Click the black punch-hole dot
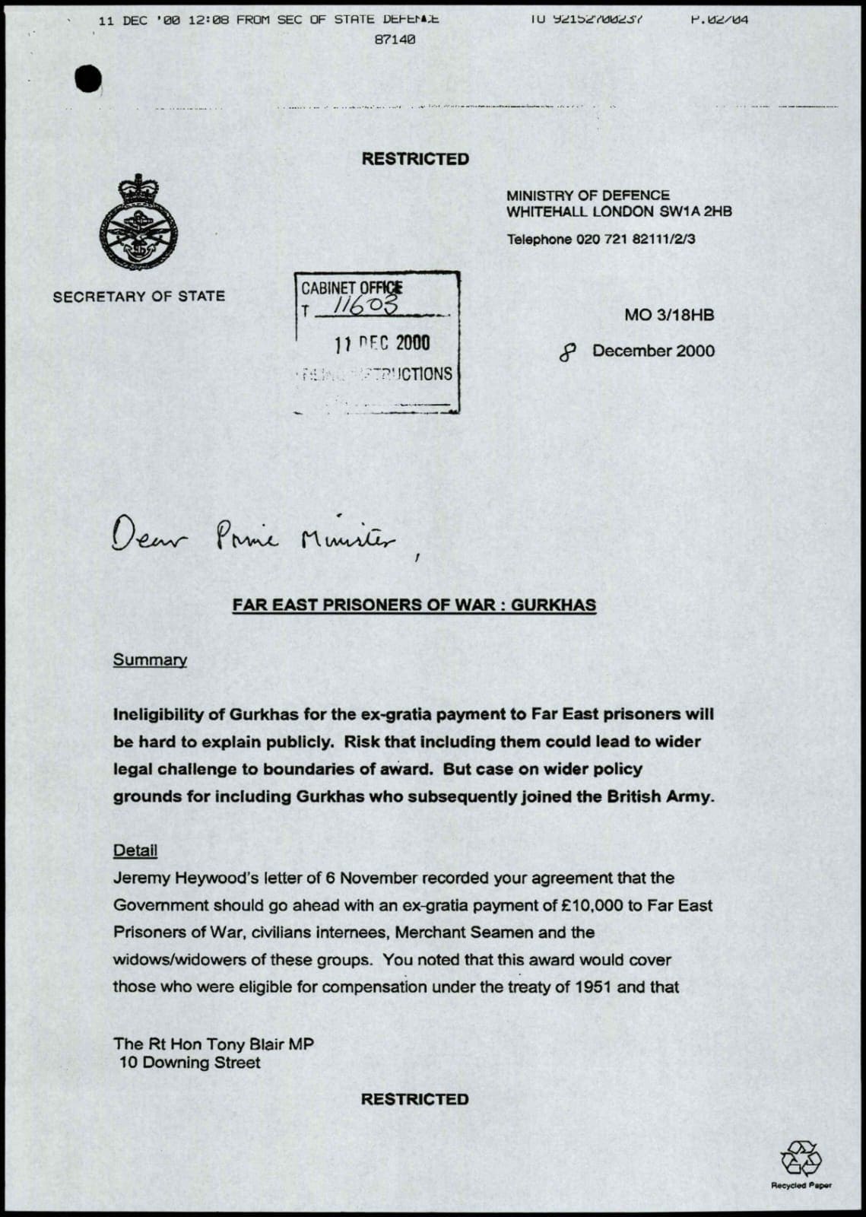point(88,79)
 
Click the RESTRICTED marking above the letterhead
point(415,159)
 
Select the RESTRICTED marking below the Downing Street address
point(414,1099)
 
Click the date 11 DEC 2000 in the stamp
point(382,344)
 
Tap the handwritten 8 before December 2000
point(567,351)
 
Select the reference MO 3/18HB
point(669,315)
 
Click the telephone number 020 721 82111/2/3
point(636,240)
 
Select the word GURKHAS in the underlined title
point(554,605)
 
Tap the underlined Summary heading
point(150,660)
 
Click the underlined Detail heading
point(135,850)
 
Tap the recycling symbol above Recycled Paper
point(801,1158)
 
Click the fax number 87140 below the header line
point(395,40)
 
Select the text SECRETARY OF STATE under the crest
point(139,297)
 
